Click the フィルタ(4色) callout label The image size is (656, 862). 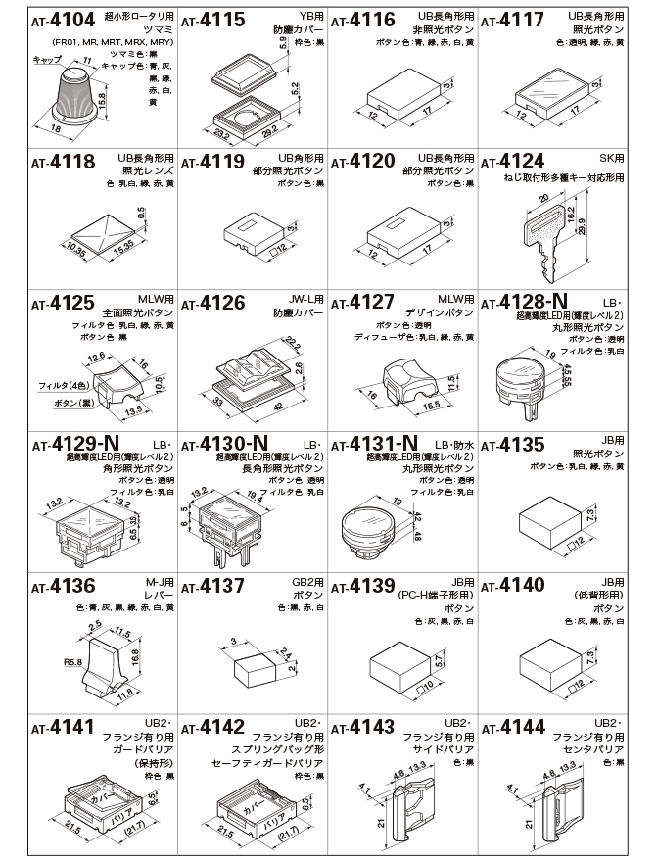coord(58,386)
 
